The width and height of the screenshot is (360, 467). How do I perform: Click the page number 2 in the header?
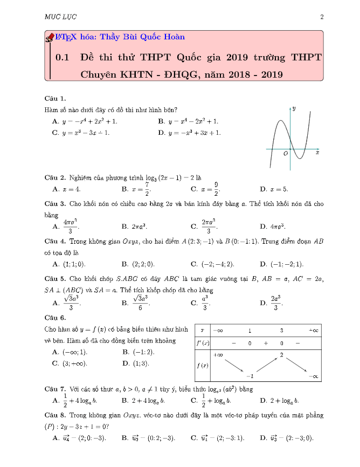pyautogui.click(x=322, y=17)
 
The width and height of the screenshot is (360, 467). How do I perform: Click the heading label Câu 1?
pyautogui.click(x=56, y=99)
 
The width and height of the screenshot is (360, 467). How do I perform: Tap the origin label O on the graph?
pyautogui.click(x=286, y=153)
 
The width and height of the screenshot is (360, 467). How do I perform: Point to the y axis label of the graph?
pyautogui.click(x=294, y=108)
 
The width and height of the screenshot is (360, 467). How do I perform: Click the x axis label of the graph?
pyautogui.click(x=317, y=153)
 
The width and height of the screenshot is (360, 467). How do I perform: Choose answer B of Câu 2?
pyautogui.click(x=137, y=189)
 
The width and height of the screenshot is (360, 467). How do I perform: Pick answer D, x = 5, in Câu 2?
pyautogui.click(x=274, y=189)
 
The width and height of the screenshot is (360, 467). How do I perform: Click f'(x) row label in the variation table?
pyautogui.click(x=202, y=343)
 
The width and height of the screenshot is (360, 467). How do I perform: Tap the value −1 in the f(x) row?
pyautogui.click(x=250, y=375)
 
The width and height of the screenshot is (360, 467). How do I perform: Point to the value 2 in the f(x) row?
pyautogui.click(x=281, y=355)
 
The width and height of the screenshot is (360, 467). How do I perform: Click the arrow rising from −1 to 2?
pyautogui.click(x=266, y=365)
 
